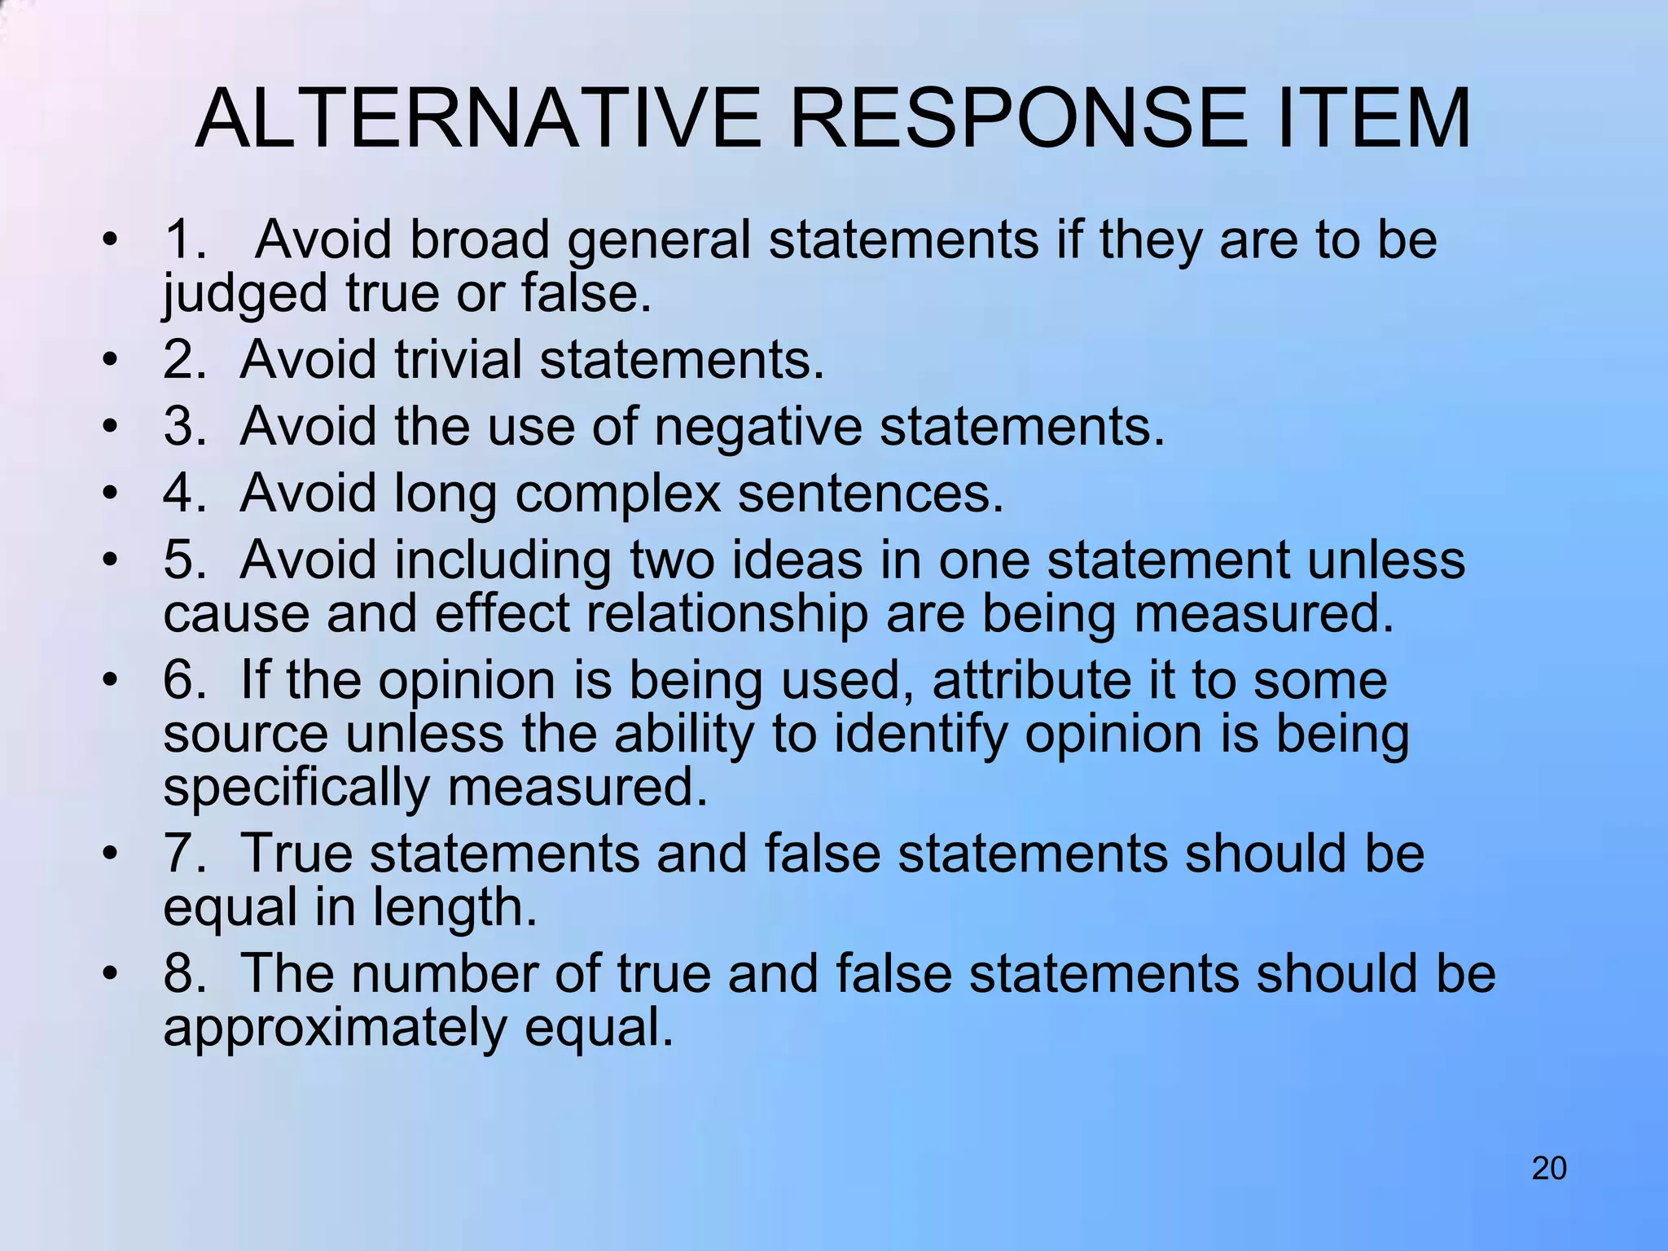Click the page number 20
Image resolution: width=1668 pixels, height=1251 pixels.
click(x=1549, y=1169)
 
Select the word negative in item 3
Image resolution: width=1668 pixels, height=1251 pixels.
click(x=757, y=427)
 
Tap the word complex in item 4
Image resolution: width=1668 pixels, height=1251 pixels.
click(x=618, y=494)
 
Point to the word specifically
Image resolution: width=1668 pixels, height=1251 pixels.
click(x=296, y=788)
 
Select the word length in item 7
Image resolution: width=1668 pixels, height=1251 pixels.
click(x=455, y=907)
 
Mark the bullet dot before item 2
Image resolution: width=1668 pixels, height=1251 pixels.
click(x=111, y=360)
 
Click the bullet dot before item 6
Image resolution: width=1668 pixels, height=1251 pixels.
click(x=111, y=681)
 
